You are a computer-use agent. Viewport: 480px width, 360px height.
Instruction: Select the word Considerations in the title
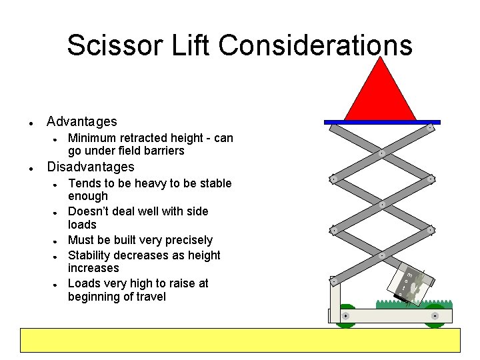[315, 45]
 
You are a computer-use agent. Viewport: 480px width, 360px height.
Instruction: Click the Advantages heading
[81, 121]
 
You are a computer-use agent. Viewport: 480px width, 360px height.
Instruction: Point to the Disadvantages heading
[90, 167]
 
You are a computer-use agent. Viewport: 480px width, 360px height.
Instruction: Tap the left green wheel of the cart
[345, 317]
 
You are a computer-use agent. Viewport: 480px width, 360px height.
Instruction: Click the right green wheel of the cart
[434, 317]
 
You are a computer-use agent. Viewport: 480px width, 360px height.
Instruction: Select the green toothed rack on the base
[413, 304]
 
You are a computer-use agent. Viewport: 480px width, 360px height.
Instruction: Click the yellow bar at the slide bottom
[241, 340]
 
